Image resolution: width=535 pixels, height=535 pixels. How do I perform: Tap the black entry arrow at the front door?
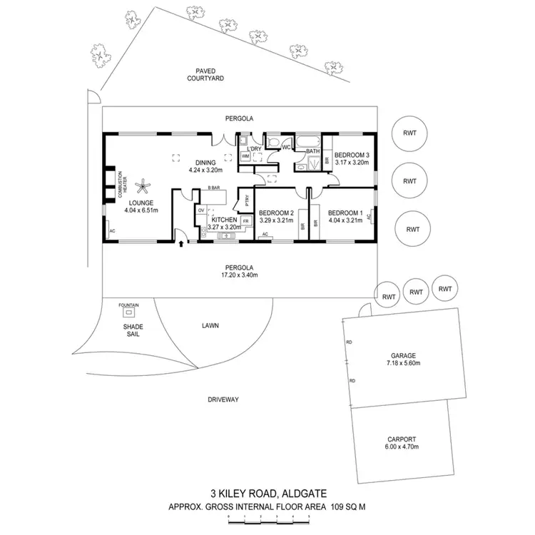(180, 244)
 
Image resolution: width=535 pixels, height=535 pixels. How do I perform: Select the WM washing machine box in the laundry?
(245, 155)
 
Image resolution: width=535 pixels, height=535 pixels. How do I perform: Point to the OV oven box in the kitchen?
(201, 210)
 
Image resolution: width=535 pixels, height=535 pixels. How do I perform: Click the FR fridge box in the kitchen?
(245, 221)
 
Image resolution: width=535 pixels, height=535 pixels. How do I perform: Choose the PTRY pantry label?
(247, 200)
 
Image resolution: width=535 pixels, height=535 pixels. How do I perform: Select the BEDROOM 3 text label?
(352, 155)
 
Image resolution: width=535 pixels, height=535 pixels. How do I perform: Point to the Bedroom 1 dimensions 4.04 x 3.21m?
(345, 220)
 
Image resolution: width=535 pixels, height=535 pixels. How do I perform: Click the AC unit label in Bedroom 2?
(265, 234)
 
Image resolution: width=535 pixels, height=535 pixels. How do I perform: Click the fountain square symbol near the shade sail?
(128, 312)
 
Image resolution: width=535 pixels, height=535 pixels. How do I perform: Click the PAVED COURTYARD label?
(211, 74)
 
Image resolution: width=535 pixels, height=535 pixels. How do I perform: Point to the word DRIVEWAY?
(223, 399)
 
